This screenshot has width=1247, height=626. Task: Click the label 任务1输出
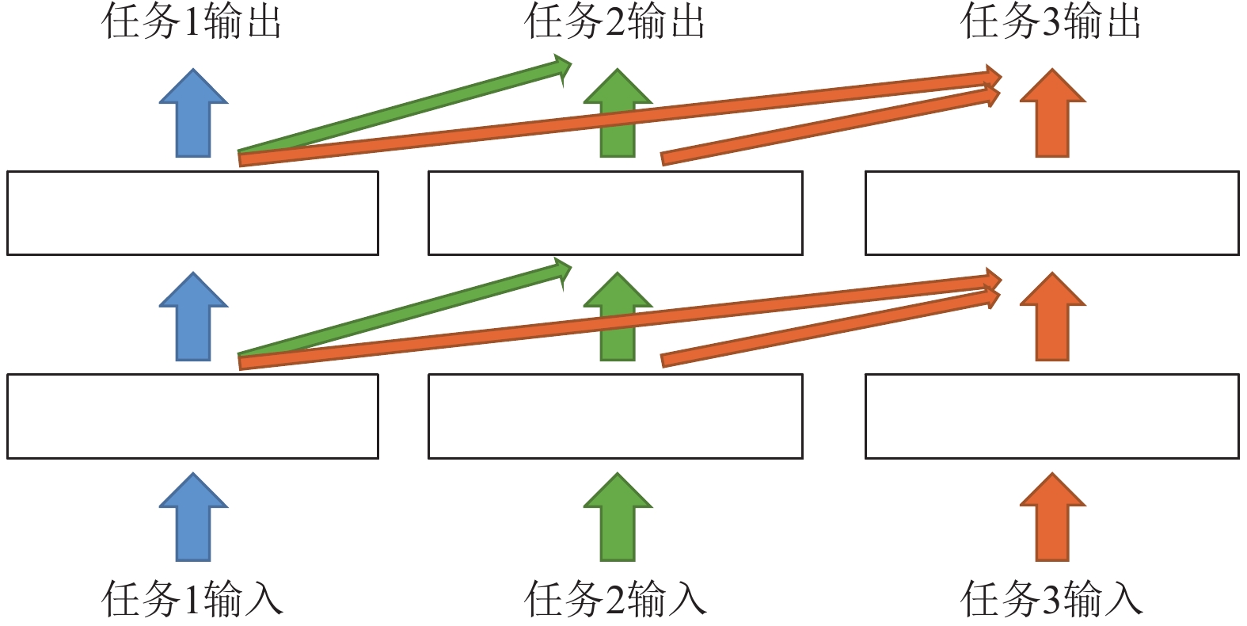[x=192, y=22]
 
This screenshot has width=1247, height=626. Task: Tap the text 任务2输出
[x=614, y=22]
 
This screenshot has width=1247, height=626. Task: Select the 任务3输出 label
[x=1051, y=22]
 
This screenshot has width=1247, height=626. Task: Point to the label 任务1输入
[x=192, y=599]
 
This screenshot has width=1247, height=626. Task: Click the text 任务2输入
[x=614, y=599]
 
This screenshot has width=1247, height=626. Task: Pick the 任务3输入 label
[x=1051, y=599]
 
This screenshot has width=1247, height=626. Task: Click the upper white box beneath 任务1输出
[x=192, y=213]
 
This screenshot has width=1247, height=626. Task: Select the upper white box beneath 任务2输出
[x=615, y=213]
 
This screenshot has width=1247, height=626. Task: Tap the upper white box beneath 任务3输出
[x=1051, y=213]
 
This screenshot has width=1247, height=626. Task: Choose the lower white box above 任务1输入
[x=192, y=416]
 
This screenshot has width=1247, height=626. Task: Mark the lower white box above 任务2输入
[x=615, y=416]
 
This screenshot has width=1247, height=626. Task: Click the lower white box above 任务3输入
[x=1051, y=416]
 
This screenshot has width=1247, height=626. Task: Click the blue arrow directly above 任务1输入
[x=193, y=519]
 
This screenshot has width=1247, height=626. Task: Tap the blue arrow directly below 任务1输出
[x=193, y=115]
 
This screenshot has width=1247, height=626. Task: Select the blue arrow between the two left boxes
[x=193, y=318]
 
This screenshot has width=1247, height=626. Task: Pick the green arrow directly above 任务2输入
[x=618, y=519]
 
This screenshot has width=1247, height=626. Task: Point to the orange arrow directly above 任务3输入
[x=1052, y=519]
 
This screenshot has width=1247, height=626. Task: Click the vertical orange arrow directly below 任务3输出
[x=1052, y=115]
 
